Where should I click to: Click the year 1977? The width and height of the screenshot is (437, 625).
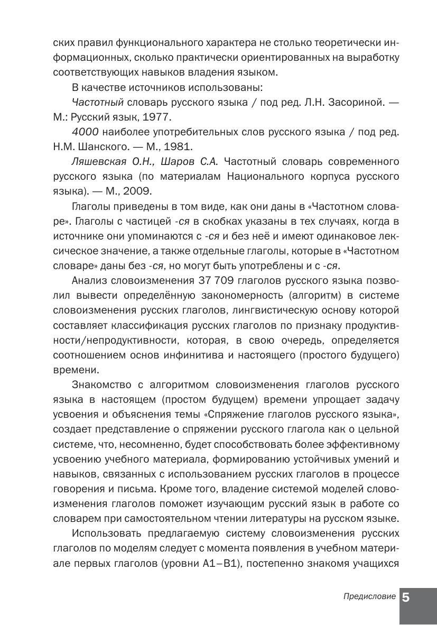tap(157, 117)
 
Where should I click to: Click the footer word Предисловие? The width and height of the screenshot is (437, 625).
tap(369, 596)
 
